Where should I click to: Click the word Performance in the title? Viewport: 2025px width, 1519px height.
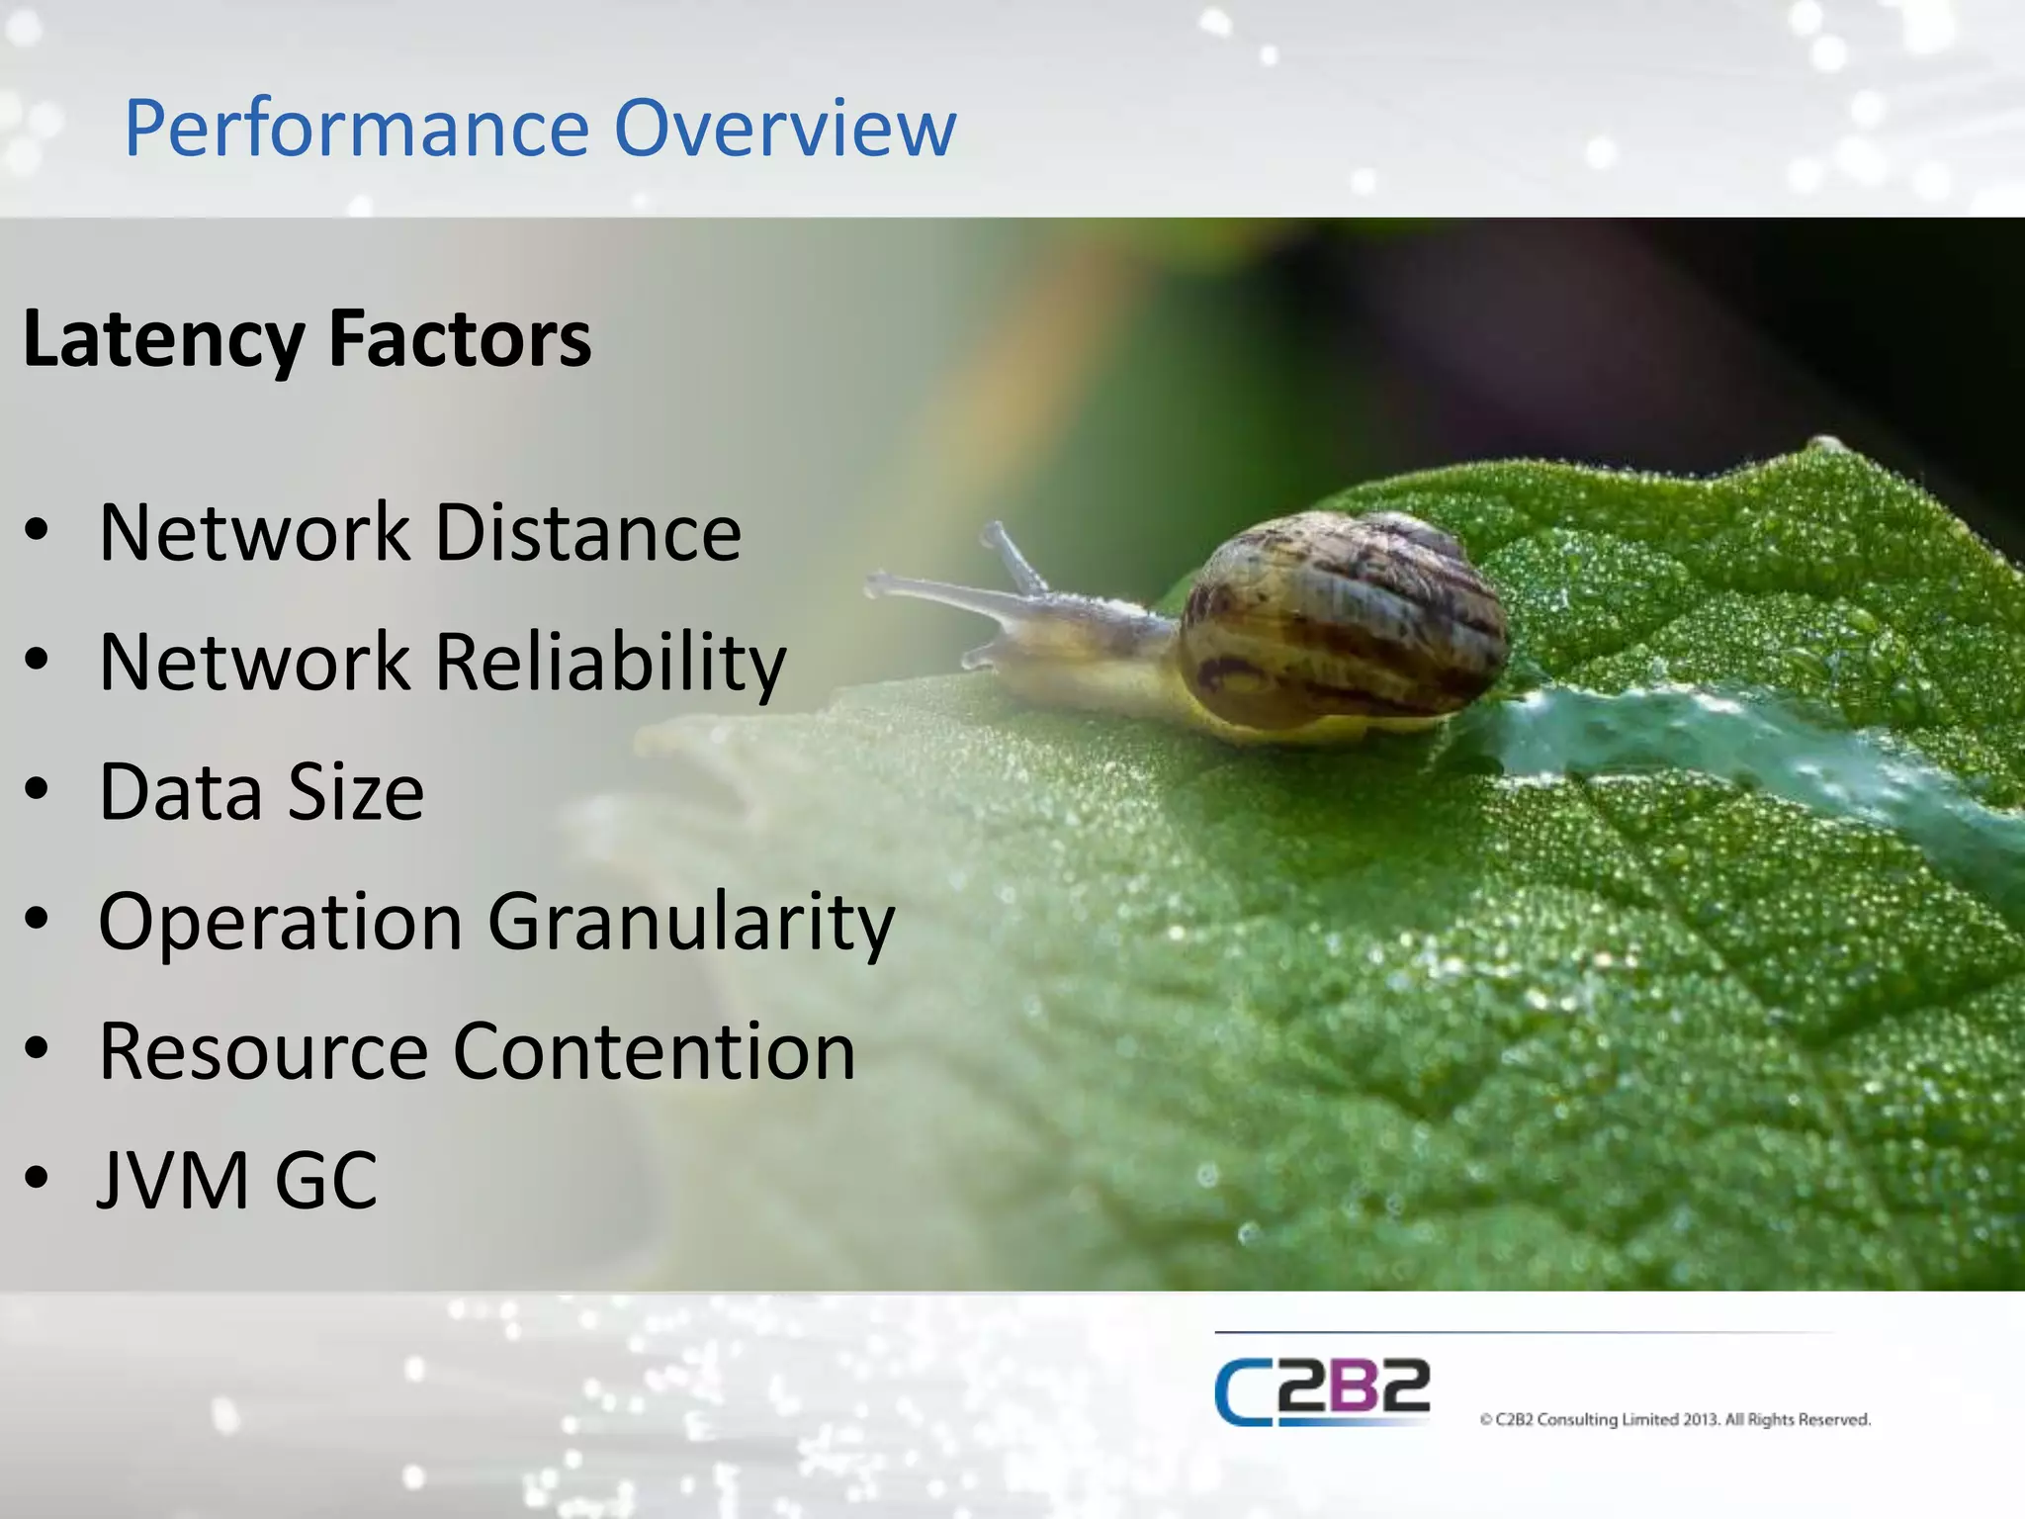coord(356,129)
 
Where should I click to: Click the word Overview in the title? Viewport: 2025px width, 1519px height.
coord(785,129)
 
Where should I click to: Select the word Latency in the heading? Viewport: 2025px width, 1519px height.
coord(163,339)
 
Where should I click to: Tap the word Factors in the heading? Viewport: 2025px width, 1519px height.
coord(460,339)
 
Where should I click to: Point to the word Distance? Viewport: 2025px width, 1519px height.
coord(588,533)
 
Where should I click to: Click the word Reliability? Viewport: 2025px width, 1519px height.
coord(610,663)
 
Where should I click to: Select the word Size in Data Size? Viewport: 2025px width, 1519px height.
coord(356,792)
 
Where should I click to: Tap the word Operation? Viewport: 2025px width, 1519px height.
coord(281,923)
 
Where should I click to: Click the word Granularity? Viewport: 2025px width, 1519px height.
coord(691,923)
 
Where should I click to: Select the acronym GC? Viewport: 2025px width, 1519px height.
coord(326,1181)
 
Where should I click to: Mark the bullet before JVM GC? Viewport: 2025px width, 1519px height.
coord(37,1178)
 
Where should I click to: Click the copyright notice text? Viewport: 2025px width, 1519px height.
coord(1675,1420)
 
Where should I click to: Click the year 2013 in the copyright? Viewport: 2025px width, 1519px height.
coord(1701,1420)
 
